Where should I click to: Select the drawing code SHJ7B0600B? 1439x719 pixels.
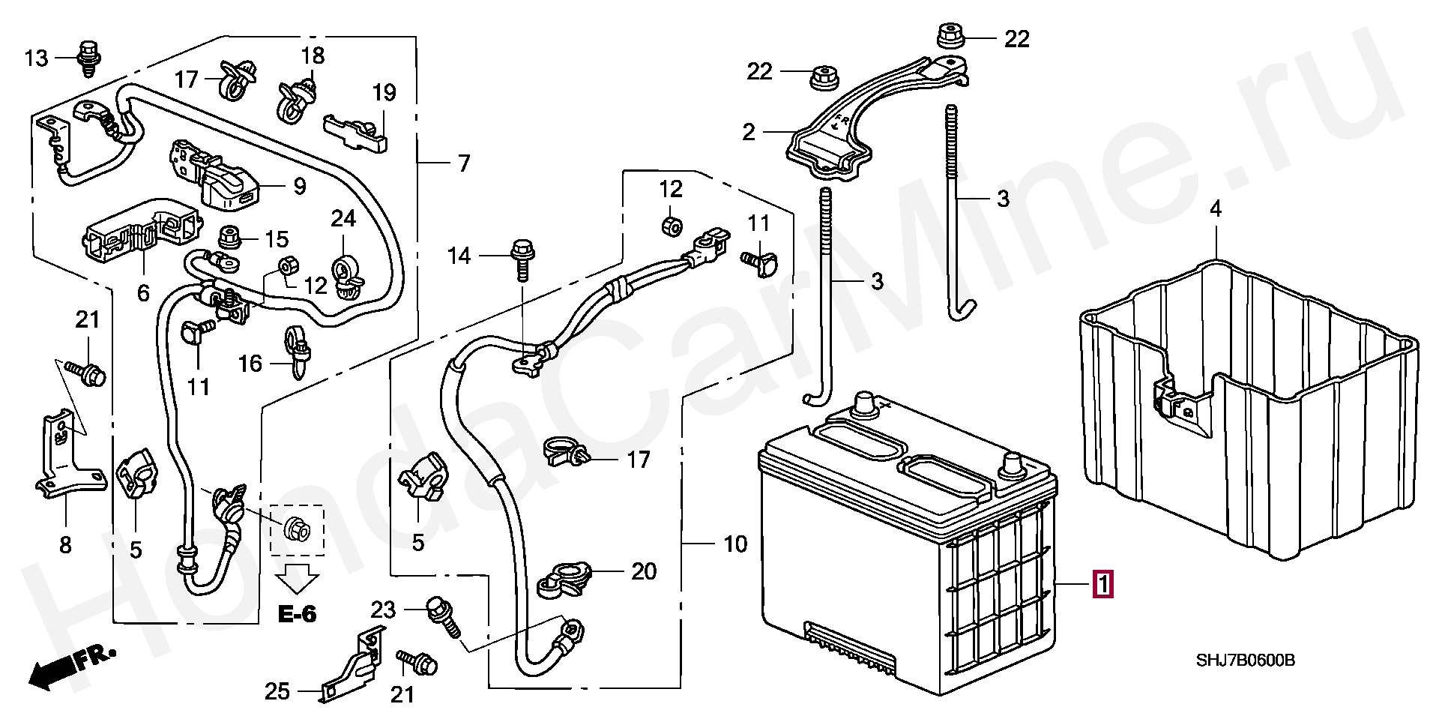tap(1245, 661)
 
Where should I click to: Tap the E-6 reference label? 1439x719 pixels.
tap(297, 615)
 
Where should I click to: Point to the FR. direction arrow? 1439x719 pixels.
tap(71, 667)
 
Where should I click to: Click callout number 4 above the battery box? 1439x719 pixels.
tap(1216, 209)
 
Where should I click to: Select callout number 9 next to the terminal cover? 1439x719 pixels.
tap(299, 186)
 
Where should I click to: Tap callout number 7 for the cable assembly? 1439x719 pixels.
tap(464, 163)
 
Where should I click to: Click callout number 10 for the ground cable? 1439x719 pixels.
tap(736, 544)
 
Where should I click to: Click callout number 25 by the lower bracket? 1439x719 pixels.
tap(277, 691)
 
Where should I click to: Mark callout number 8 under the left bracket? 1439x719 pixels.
tap(65, 545)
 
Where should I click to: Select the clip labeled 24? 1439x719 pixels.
tap(346, 274)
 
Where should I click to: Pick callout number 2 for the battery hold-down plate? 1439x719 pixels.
tap(748, 133)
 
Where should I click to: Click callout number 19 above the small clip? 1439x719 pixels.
tap(384, 94)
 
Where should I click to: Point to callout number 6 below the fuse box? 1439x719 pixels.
tap(143, 292)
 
